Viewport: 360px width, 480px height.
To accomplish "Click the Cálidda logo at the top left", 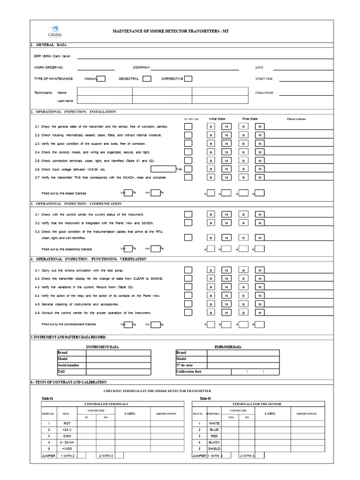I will pos(55,31).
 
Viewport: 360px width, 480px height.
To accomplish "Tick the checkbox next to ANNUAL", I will pos(101,79).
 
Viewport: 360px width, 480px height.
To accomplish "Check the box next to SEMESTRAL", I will pos(147,79).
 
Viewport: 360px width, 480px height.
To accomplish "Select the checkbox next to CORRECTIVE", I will pos(188,79).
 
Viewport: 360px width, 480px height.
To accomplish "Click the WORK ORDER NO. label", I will pos(49,67).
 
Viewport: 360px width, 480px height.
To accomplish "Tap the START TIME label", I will pos(264,79).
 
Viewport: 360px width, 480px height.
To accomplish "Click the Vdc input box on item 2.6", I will pos(163,169).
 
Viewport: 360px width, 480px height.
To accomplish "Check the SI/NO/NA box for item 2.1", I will pos(188,127).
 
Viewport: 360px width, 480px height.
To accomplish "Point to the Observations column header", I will pos(296,119).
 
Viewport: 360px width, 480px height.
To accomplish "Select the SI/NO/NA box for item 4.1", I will pos(188,270).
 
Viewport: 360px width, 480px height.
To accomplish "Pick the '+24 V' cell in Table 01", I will pos(66,429).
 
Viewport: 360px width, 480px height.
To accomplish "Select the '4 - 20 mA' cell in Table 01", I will pos(66,442).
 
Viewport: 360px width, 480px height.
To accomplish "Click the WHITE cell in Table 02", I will pos(214,423).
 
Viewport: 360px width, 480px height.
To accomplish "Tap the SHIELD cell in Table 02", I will pos(214,449).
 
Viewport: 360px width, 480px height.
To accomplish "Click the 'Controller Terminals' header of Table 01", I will pos(106,404).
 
